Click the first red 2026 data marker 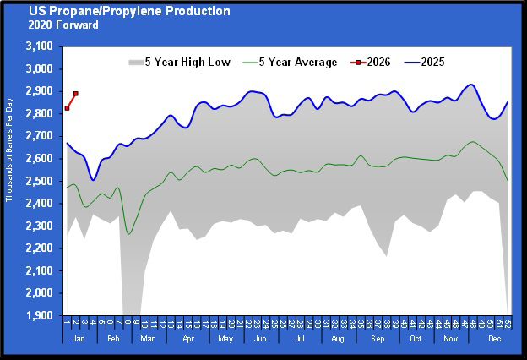pos(67,108)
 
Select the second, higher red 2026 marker pos(76,94)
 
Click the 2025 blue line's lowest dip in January pos(93,179)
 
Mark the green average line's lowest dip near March pos(128,233)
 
